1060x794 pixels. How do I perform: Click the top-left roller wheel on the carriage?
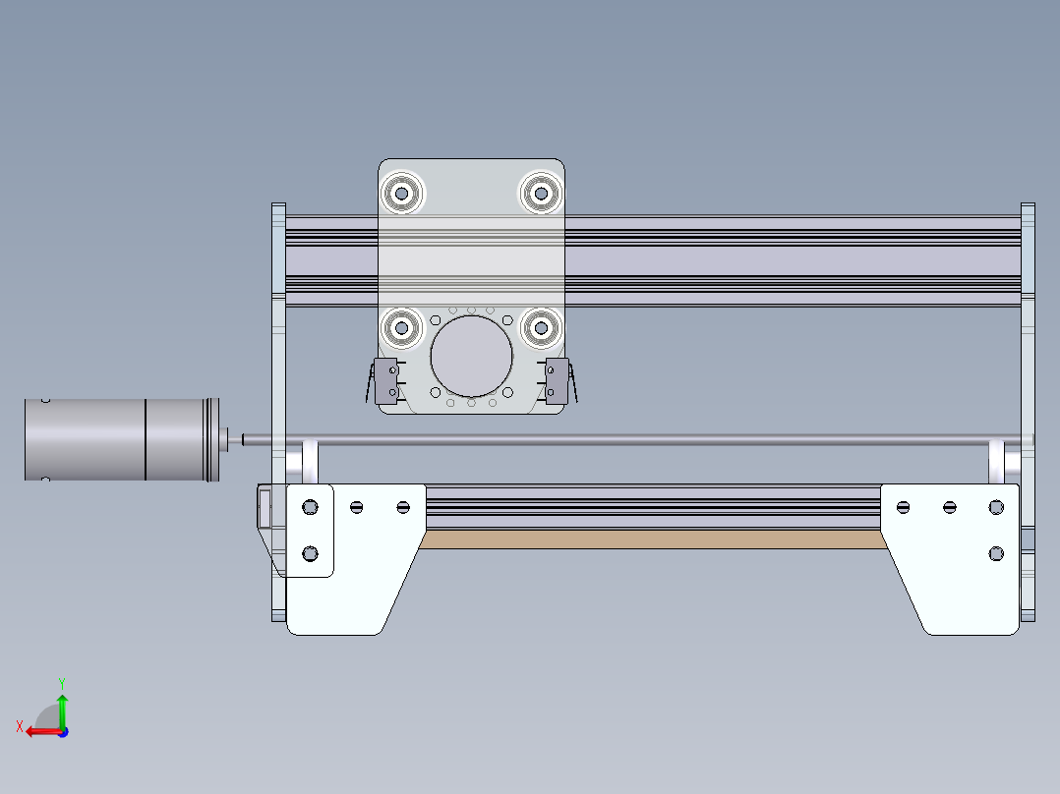tap(401, 193)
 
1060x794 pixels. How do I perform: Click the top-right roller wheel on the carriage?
tap(539, 193)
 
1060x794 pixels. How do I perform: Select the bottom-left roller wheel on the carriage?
tap(401, 328)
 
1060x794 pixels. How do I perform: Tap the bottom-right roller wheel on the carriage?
tap(540, 328)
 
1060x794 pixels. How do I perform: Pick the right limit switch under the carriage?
tap(557, 380)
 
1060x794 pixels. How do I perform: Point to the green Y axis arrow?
tap(62, 706)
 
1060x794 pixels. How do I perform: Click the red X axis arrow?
tap(39, 730)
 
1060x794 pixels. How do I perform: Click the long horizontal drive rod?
tap(629, 440)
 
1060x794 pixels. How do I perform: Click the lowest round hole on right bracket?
tap(996, 554)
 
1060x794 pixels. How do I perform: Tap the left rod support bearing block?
tap(310, 462)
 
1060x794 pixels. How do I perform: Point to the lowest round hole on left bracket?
tap(311, 554)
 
